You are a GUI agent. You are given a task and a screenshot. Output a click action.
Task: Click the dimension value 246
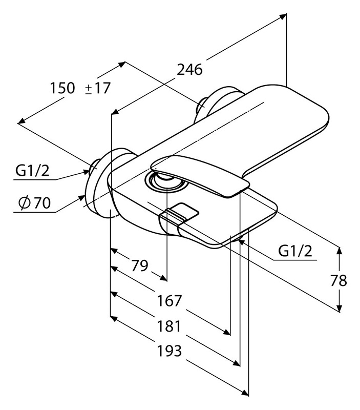189,70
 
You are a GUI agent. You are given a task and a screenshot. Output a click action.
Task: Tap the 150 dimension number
62,88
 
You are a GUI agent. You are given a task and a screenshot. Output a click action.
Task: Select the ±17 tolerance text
98,88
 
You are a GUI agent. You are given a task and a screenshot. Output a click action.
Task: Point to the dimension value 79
139,265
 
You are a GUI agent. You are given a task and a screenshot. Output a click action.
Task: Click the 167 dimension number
169,301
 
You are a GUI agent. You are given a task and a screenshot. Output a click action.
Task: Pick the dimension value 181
169,326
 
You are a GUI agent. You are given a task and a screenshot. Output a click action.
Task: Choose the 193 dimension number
169,351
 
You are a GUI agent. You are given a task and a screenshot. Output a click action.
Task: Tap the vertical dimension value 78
338,280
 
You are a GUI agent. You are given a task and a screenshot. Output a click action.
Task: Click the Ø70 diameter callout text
35,203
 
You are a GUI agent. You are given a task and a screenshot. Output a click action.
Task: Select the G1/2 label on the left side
32,171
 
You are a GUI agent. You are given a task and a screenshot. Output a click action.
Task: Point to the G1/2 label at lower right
295,251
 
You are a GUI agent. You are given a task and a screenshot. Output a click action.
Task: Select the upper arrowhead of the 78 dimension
339,251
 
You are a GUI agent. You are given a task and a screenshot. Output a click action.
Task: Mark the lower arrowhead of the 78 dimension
339,308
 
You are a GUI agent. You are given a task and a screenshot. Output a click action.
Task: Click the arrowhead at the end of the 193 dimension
245,400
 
